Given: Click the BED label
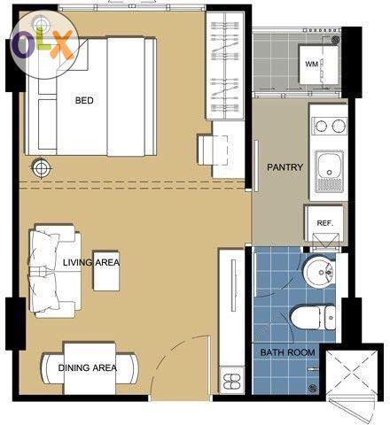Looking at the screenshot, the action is (84, 100).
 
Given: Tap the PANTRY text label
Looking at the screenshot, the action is (285, 167).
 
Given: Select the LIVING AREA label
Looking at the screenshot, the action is (91, 262).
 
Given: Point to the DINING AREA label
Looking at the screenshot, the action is (88, 367).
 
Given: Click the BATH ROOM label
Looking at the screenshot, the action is (287, 352).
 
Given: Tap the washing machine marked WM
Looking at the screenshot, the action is (318, 65).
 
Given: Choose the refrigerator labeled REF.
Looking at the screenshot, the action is (324, 223).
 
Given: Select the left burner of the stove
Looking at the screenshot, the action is (320, 126).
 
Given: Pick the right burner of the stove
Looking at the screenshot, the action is (338, 126).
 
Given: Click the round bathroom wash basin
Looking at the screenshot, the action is (320, 271).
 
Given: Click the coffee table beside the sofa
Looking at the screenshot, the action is (106, 271).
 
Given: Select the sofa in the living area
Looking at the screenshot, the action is (55, 271).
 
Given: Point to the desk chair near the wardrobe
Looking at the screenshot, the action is (213, 150).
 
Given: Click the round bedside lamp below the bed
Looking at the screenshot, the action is (41, 168).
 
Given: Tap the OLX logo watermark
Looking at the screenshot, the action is (44, 44).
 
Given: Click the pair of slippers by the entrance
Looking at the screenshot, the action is (231, 382).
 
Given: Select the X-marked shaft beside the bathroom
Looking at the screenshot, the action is (352, 373).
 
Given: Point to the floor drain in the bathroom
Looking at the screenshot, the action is (313, 388).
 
